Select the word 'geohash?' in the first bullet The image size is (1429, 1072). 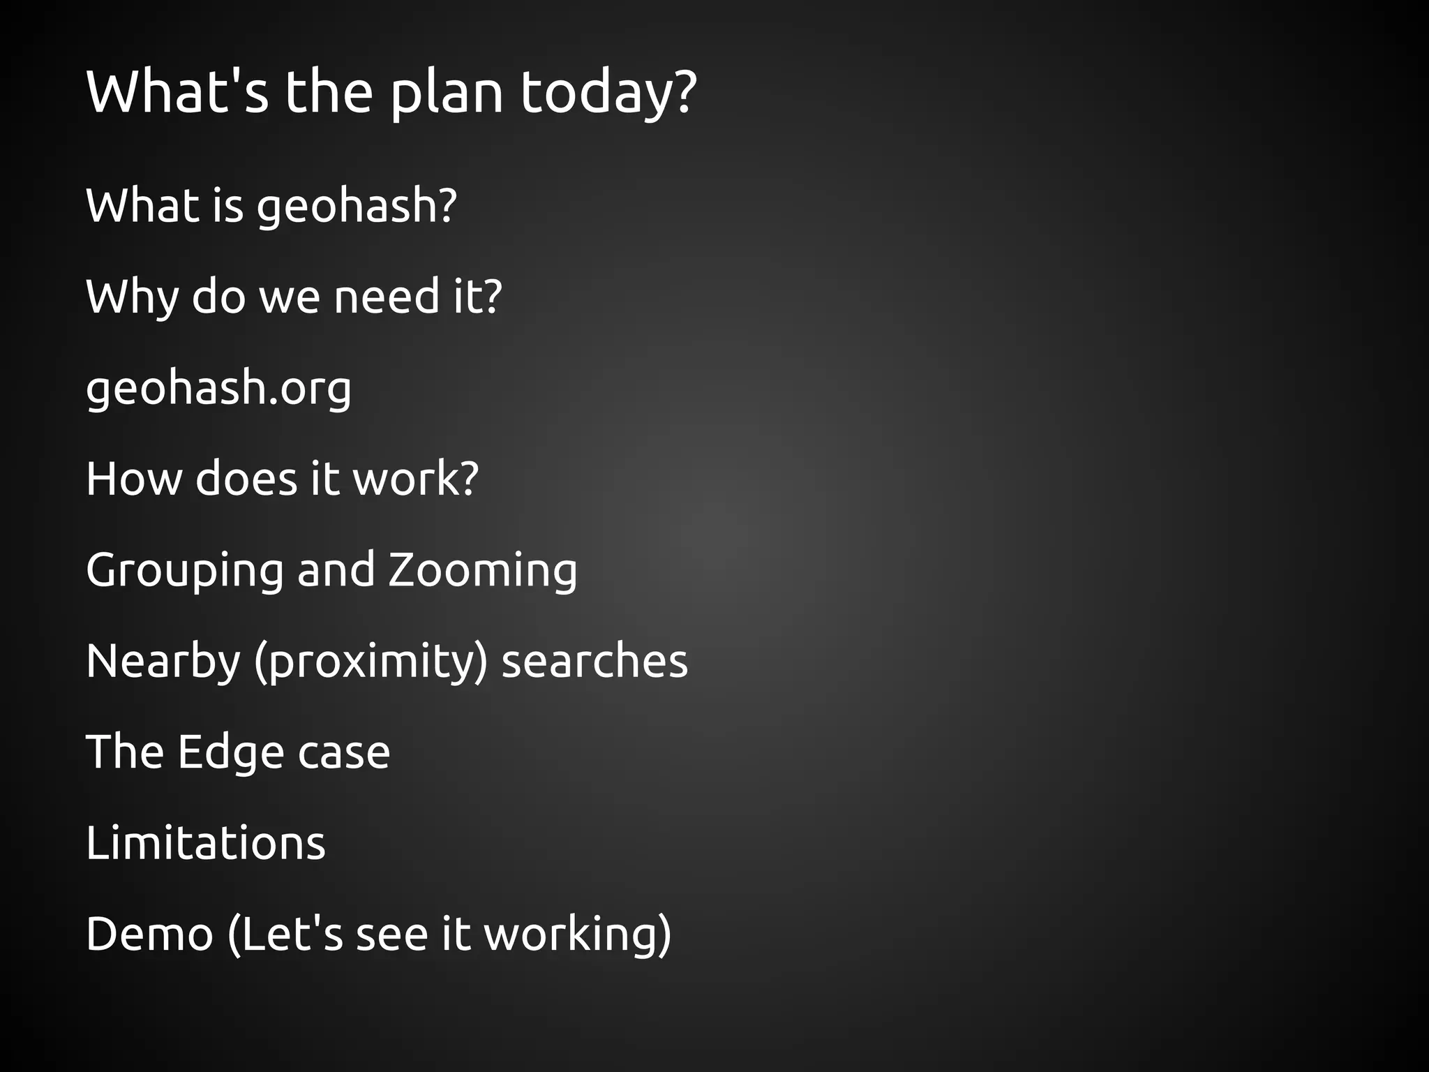(357, 207)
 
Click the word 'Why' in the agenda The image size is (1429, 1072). (132, 297)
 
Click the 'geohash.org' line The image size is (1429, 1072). (218, 389)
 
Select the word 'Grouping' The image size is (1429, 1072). (185, 572)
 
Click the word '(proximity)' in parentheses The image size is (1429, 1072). (371, 662)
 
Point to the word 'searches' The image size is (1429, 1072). (594, 662)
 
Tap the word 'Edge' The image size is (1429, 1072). (230, 752)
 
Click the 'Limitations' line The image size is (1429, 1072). (206, 843)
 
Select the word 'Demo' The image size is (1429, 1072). (149, 935)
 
